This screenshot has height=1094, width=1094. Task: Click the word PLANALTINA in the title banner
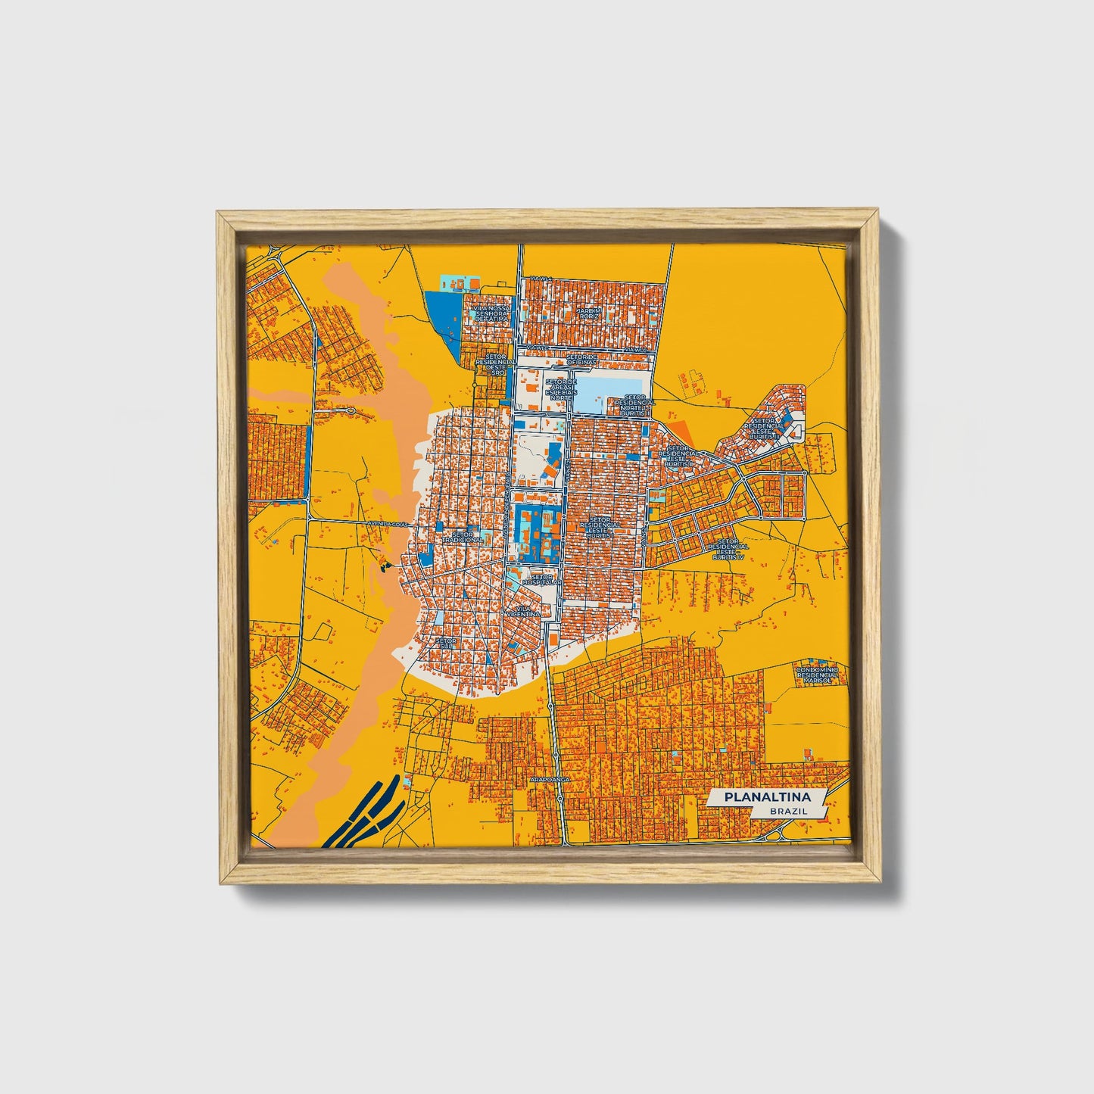click(766, 797)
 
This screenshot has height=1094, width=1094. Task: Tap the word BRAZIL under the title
click(787, 811)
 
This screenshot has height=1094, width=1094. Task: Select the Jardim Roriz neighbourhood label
click(589, 313)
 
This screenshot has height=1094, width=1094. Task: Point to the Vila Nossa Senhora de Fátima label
click(491, 314)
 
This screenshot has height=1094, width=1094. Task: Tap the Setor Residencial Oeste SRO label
click(496, 364)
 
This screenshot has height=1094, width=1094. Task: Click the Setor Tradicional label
click(466, 536)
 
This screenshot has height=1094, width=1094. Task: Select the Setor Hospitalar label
click(541, 579)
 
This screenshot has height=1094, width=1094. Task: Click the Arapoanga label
click(550, 778)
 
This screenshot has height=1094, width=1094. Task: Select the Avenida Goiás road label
click(388, 523)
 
